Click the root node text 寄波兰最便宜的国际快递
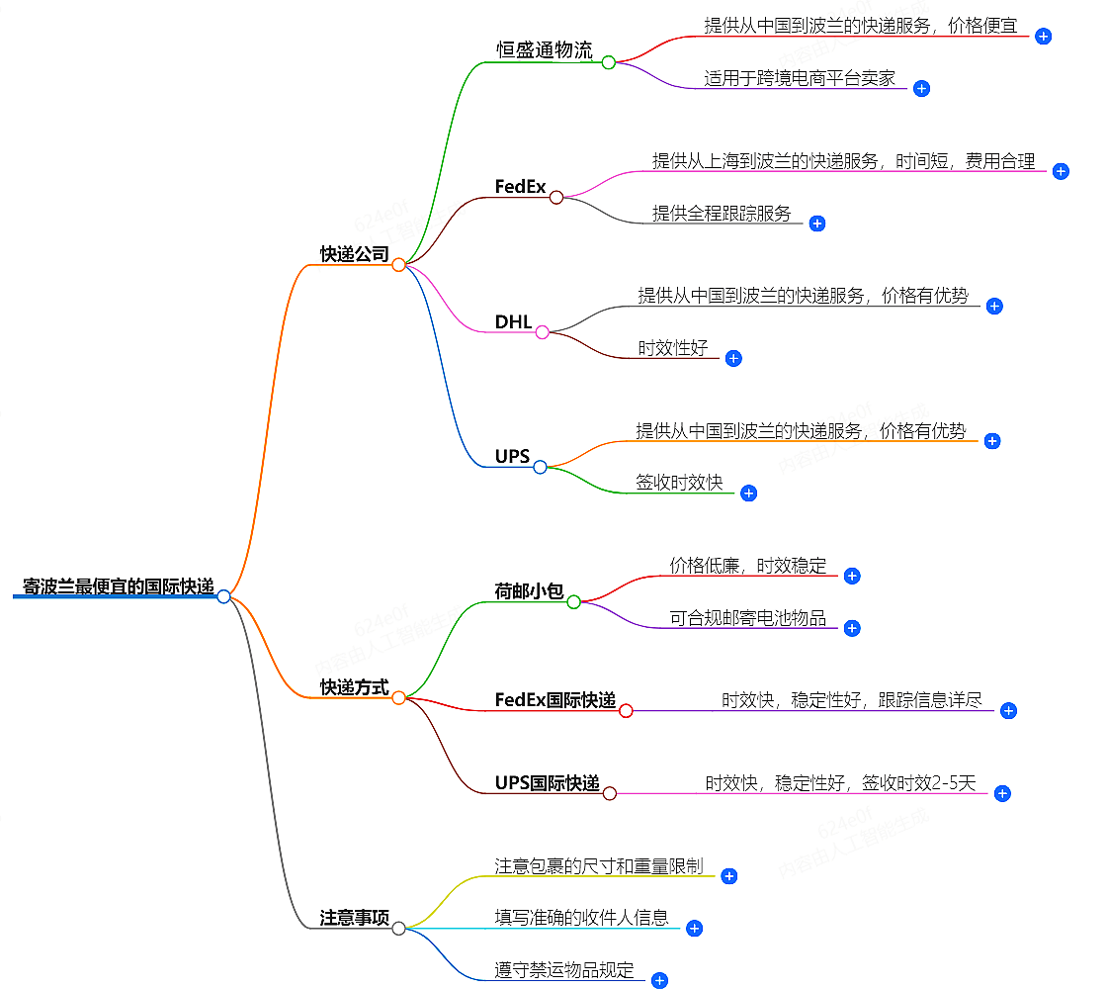[x=119, y=586]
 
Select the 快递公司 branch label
[x=354, y=254]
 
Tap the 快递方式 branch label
[x=354, y=687]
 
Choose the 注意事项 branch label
[x=354, y=918]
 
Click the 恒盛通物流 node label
[x=545, y=51]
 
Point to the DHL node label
[x=513, y=322]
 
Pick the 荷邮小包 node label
[x=529, y=591]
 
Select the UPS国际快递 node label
[x=548, y=783]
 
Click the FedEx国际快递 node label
[x=555, y=700]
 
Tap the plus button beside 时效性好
[x=733, y=358]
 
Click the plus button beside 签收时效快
[x=748, y=493]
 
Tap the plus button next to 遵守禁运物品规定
[x=659, y=980]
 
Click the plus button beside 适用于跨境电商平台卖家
[x=921, y=88]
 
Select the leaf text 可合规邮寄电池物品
[x=748, y=619]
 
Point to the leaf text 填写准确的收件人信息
[x=582, y=918]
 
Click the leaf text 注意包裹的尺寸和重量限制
[x=599, y=866]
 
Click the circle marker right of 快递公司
[x=398, y=265]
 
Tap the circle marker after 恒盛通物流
[x=609, y=62]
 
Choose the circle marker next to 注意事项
[x=398, y=929]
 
